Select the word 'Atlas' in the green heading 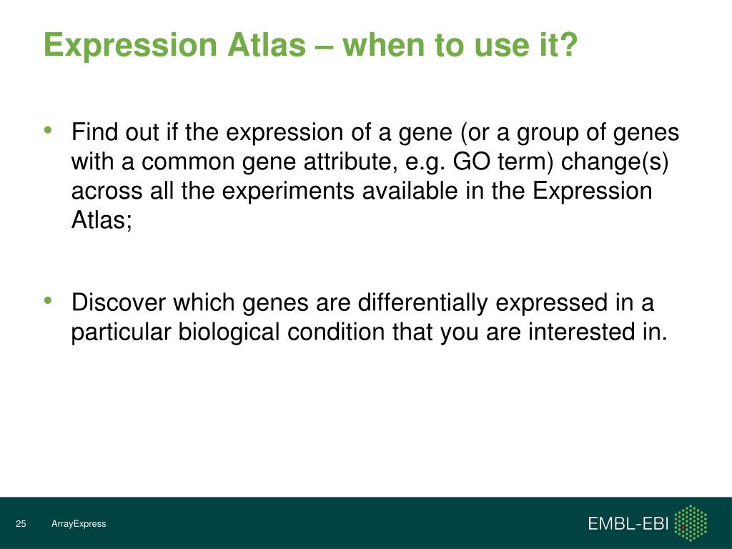267,45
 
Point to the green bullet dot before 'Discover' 48,301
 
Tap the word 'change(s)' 615,162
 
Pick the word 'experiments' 288,192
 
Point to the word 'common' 188,162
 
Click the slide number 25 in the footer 21,524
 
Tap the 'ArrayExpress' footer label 79,524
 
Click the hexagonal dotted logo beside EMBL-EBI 691,523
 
